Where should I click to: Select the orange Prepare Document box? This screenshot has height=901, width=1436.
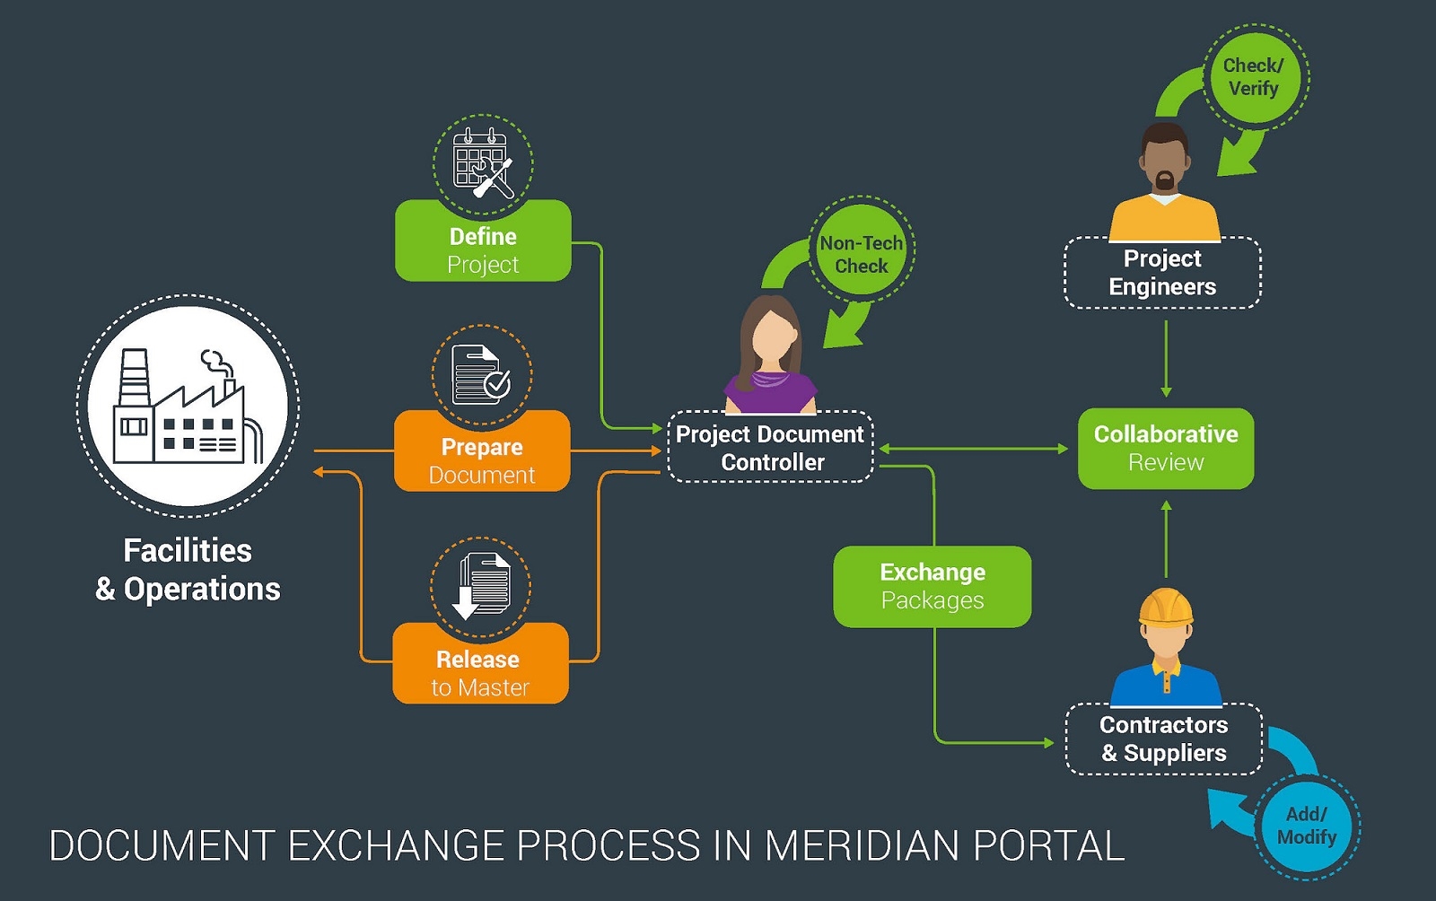pyautogui.click(x=482, y=452)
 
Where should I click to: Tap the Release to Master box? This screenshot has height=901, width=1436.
pyautogui.click(x=480, y=665)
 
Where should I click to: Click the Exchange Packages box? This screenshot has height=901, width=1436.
pyautogui.click(x=932, y=586)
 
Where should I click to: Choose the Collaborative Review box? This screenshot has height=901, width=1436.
pyautogui.click(x=1165, y=448)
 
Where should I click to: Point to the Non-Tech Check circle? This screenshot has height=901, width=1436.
pyautogui.click(x=862, y=254)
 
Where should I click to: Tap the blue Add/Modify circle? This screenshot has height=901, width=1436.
pyautogui.click(x=1307, y=825)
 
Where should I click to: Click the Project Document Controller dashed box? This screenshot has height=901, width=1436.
pyautogui.click(x=770, y=447)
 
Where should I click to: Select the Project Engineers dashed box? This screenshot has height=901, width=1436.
pyautogui.click(x=1162, y=273)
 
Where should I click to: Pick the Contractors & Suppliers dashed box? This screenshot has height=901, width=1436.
pyautogui.click(x=1163, y=739)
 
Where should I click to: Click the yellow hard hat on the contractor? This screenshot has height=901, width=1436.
pyautogui.click(x=1166, y=607)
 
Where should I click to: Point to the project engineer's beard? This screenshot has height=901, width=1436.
pyautogui.click(x=1164, y=182)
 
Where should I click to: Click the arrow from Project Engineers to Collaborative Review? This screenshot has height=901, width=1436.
pyautogui.click(x=1166, y=359)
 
